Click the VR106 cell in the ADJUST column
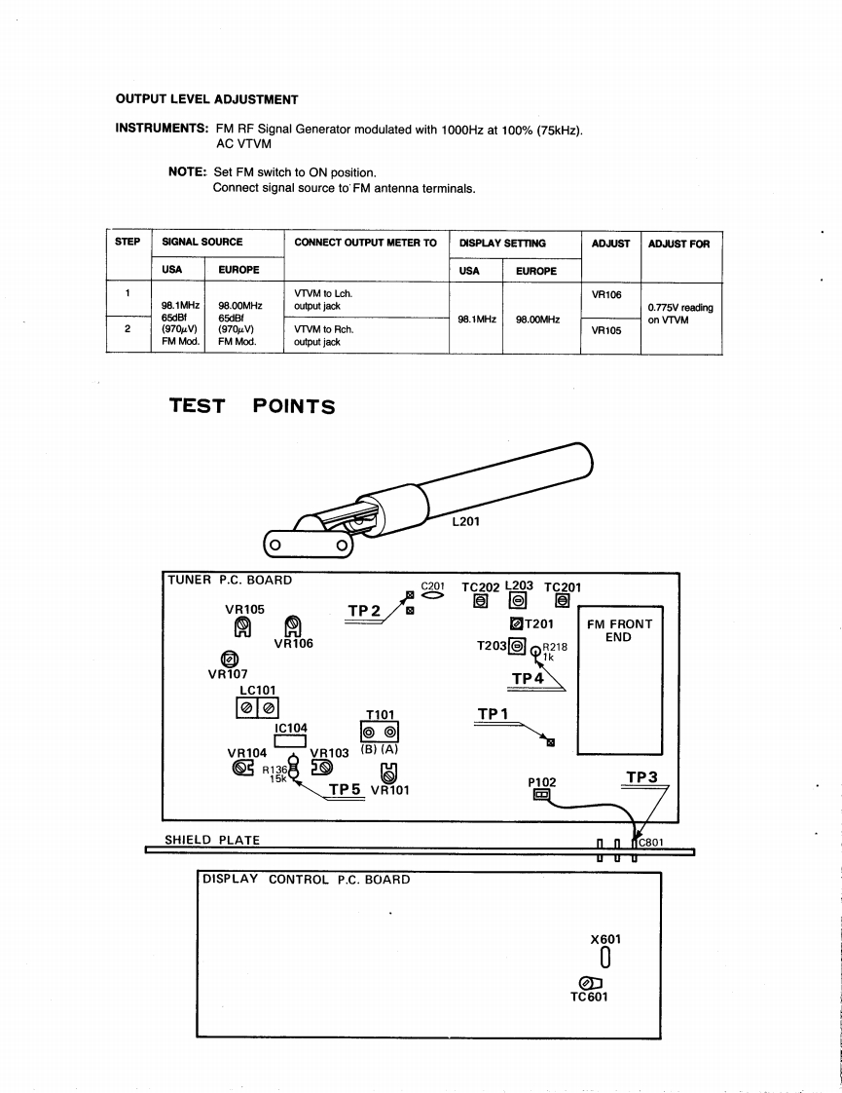[x=606, y=293]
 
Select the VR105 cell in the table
[x=606, y=330]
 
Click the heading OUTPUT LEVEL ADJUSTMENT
[x=206, y=99]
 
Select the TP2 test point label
[x=363, y=612]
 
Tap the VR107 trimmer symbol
[x=231, y=659]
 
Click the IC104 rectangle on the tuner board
[x=290, y=741]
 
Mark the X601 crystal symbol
[x=605, y=959]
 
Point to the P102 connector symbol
[x=540, y=795]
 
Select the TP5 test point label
[x=346, y=790]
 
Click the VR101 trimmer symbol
[x=388, y=773]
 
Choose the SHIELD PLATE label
[x=211, y=840]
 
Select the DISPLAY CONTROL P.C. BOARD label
[x=306, y=880]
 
